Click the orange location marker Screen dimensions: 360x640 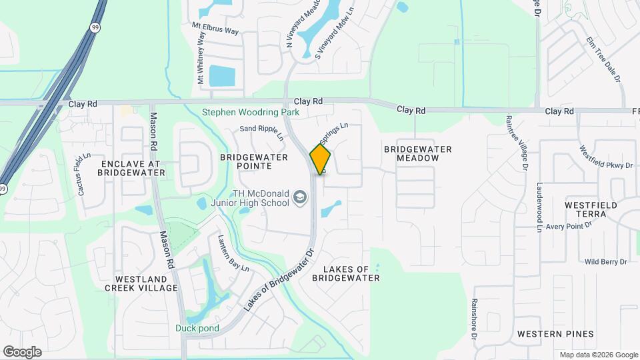321,159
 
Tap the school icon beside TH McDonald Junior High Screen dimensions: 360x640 300,198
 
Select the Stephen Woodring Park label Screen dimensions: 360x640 251,113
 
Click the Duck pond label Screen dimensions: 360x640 197,327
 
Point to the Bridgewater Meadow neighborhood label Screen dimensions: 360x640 418,153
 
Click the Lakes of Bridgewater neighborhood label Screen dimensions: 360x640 351,273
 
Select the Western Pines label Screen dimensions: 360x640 555,333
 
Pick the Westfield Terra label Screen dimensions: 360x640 586,209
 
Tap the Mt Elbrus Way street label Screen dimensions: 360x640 215,31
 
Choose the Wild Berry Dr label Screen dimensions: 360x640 606,262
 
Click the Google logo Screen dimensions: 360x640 22,351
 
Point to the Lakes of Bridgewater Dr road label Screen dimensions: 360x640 278,281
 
